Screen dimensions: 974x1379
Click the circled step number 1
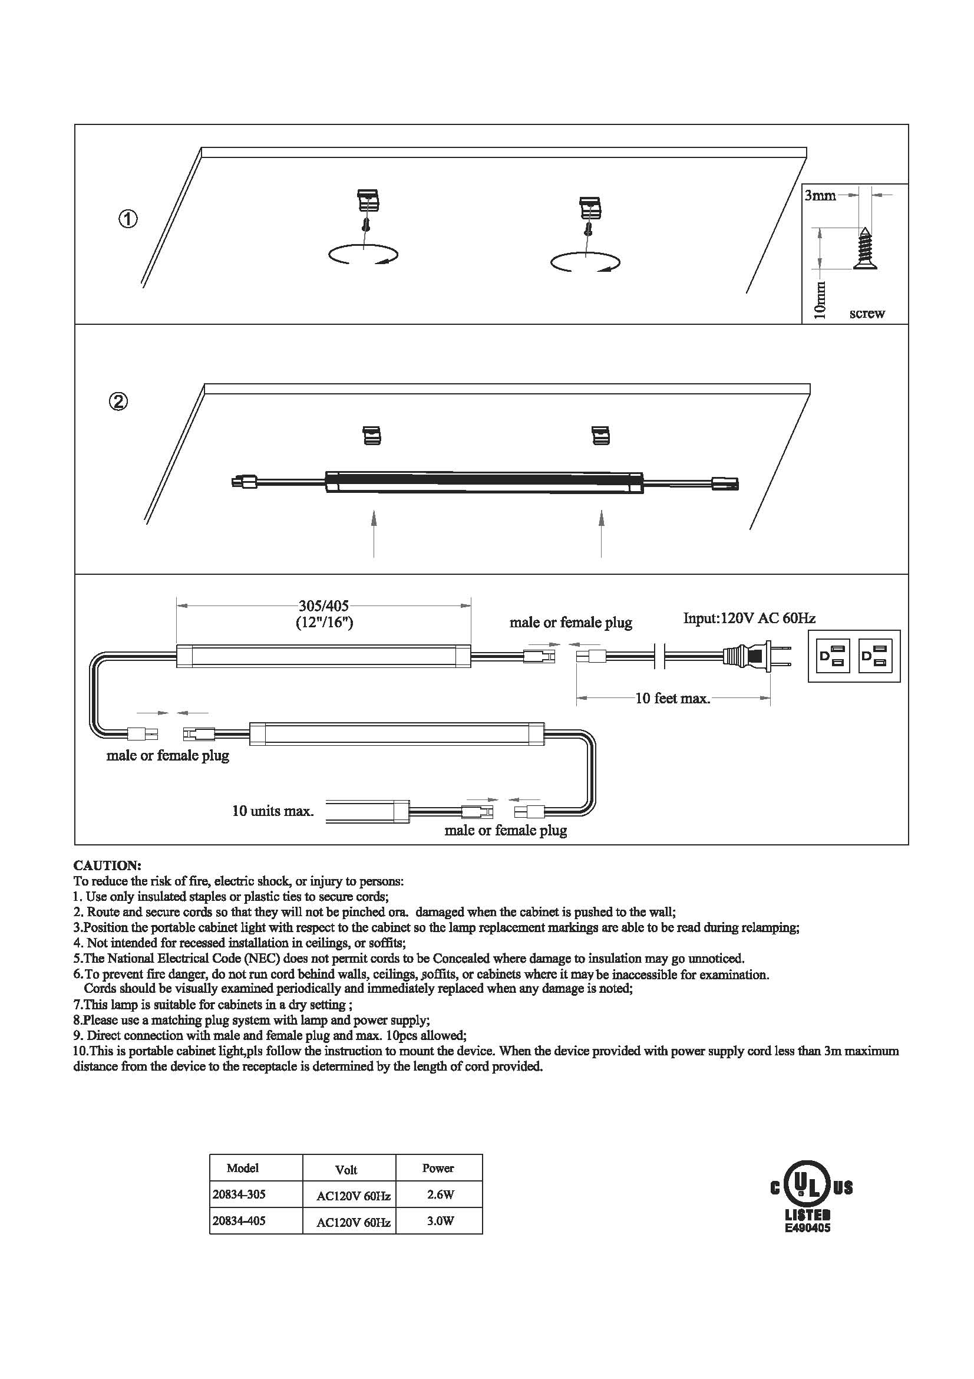click(127, 219)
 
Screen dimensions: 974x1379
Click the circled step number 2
click(119, 400)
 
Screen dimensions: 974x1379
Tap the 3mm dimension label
click(820, 195)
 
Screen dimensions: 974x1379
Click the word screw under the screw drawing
click(867, 314)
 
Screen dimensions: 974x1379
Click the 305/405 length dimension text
click(324, 605)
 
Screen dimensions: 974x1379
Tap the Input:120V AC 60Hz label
click(750, 618)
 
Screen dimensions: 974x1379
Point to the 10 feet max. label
click(673, 699)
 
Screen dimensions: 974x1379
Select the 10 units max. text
click(273, 811)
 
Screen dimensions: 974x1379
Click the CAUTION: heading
click(107, 865)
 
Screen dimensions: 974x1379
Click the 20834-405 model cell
click(239, 1220)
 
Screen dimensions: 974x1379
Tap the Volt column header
click(346, 1169)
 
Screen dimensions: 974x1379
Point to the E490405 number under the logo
click(808, 1223)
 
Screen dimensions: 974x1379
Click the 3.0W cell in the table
click(441, 1220)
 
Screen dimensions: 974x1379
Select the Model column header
click(242, 1168)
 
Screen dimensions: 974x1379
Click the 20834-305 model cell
click(239, 1194)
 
